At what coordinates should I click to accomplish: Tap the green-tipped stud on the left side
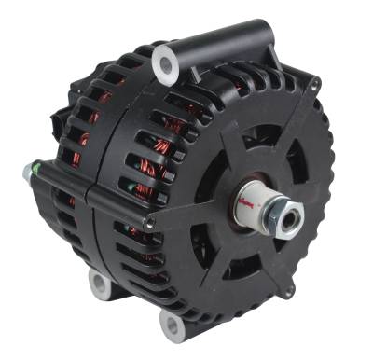coord(29,172)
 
